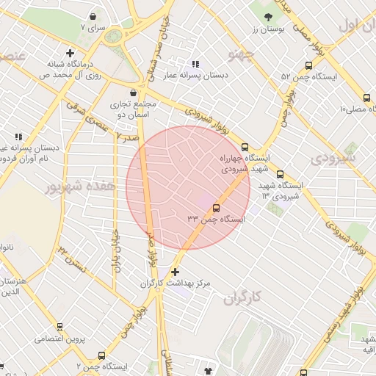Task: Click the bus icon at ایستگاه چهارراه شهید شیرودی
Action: click(245, 146)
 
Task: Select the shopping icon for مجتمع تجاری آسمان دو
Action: click(133, 93)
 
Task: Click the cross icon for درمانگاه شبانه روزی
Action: click(70, 52)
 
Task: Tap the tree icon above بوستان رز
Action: click(267, 17)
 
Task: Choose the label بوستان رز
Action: click(268, 29)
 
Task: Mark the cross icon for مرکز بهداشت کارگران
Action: click(174, 272)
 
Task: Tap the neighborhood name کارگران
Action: click(245, 298)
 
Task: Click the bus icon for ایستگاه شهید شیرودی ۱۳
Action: click(280, 174)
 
